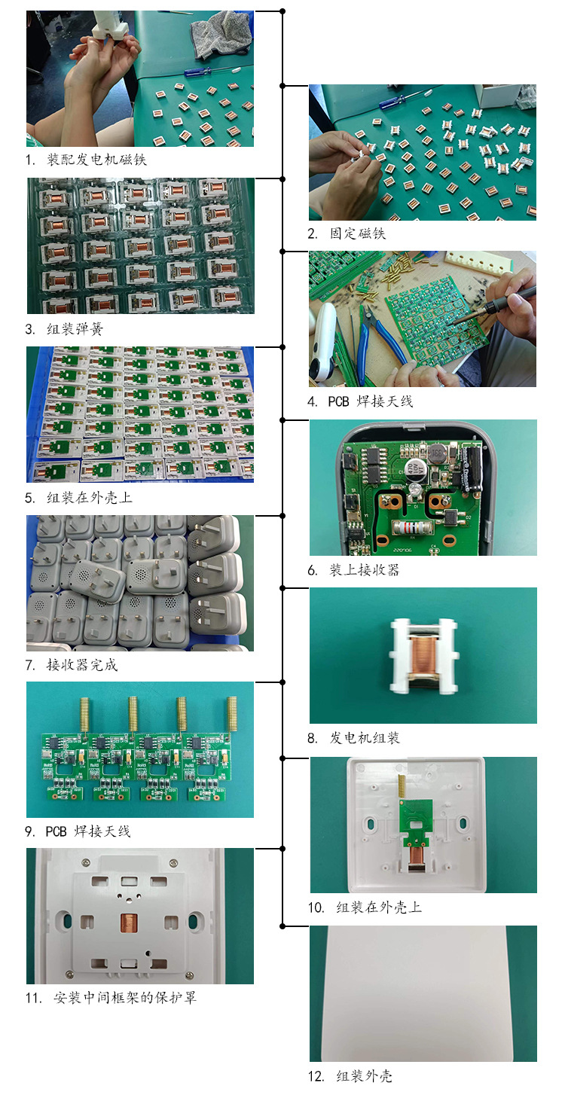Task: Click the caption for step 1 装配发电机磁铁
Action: [86, 160]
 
